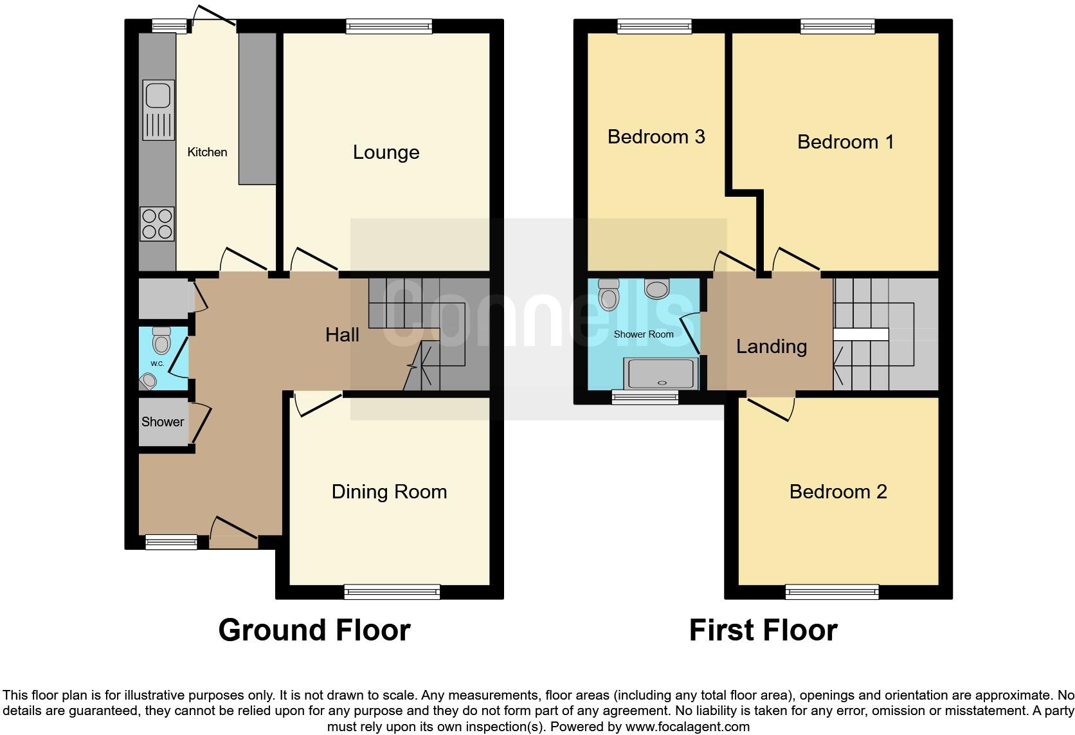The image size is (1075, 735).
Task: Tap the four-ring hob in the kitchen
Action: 158,224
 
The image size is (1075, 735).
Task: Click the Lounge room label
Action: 386,152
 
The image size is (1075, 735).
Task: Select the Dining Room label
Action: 389,492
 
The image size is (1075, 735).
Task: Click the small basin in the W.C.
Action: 149,381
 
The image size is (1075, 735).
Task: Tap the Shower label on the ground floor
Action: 163,422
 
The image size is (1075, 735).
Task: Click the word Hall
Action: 342,335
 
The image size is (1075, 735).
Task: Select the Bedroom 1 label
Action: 845,141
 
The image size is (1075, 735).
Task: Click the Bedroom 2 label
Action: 838,492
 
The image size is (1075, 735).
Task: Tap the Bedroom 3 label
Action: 656,137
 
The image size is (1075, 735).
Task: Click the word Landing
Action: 771,347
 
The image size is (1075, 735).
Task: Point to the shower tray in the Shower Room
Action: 662,374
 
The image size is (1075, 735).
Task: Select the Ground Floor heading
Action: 314,630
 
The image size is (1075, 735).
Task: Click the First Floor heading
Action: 763,630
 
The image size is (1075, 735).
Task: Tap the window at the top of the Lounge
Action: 388,26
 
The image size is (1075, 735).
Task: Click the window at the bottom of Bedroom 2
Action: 832,592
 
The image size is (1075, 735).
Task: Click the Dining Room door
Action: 318,404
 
